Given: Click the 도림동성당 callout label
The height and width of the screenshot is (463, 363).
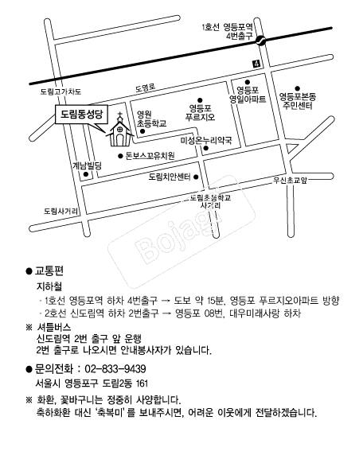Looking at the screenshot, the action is (82, 114).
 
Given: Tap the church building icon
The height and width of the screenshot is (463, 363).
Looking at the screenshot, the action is (119, 131).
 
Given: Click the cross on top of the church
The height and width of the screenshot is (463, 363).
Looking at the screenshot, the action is (120, 115).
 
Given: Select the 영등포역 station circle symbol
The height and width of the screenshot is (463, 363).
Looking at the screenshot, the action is (260, 41).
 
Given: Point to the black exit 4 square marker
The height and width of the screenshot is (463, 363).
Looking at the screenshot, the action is (256, 63).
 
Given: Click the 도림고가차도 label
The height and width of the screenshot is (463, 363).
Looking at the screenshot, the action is (60, 91).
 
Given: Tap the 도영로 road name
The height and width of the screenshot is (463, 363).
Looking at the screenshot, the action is (146, 88).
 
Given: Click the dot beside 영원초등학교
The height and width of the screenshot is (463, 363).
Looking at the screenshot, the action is (142, 131).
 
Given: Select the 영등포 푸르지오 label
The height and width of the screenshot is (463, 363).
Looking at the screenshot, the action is (201, 112).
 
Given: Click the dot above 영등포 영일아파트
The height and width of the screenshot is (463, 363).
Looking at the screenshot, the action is (248, 82).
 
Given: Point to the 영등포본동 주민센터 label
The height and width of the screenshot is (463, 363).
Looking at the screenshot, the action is (298, 101).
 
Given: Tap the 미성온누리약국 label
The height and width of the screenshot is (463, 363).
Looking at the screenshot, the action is (206, 140).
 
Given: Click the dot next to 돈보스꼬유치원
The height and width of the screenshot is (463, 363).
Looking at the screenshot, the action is (120, 156).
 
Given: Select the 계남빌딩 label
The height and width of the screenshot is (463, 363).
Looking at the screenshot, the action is (87, 165).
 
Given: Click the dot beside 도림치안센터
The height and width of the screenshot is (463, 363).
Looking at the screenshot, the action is (196, 177).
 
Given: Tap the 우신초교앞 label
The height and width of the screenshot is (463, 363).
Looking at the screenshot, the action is (290, 180).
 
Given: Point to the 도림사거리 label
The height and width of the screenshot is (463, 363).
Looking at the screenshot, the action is (61, 211).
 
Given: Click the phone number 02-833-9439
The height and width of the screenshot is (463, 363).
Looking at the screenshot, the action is (115, 369).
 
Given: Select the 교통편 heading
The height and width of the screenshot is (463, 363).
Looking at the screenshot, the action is (49, 270).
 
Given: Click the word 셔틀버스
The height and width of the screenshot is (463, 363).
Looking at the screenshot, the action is (54, 327).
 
